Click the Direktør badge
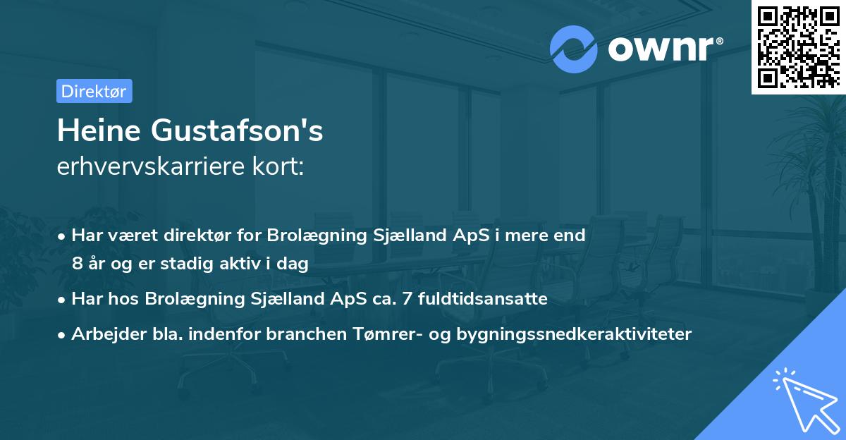tap(94, 92)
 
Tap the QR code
tap(798, 47)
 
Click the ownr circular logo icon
tap(574, 49)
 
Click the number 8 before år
tap(77, 264)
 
